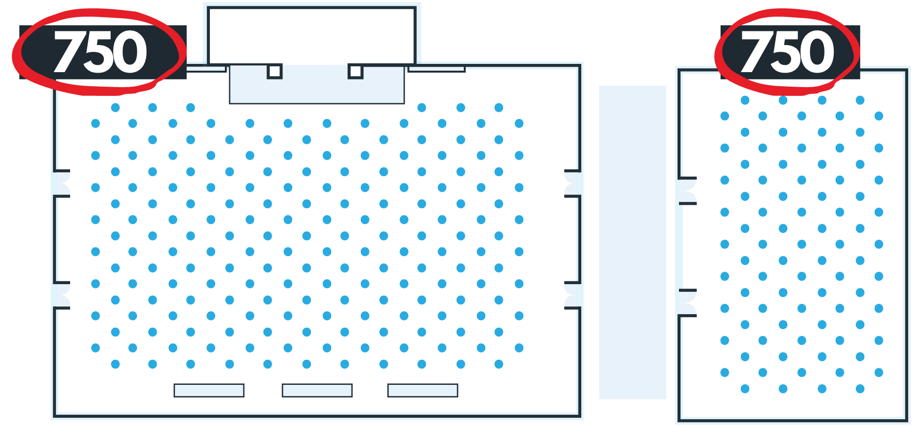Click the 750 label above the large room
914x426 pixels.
point(100,52)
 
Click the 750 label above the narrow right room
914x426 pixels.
point(788,52)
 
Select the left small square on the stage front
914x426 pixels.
point(275,72)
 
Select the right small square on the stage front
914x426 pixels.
point(355,72)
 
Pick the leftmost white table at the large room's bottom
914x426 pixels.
point(209,390)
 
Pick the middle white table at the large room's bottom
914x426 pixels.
point(317,390)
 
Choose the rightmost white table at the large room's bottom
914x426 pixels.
point(423,390)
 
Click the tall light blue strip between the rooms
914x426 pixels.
point(633,242)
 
